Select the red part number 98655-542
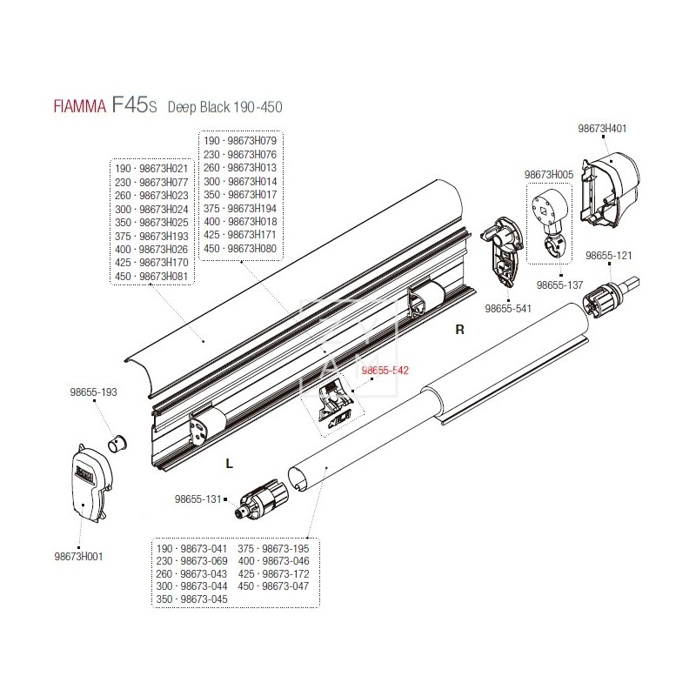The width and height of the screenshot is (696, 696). click(x=385, y=370)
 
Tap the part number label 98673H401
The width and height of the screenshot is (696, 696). click(x=602, y=129)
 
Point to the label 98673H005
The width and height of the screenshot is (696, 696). click(x=548, y=175)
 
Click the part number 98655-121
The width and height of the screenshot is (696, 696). click(x=608, y=256)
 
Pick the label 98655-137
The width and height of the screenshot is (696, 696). click(x=559, y=284)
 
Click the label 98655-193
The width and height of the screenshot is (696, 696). click(x=93, y=392)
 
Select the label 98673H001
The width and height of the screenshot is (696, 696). click(x=79, y=557)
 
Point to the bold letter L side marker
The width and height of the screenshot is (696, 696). click(x=229, y=464)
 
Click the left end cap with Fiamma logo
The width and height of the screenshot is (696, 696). click(x=89, y=482)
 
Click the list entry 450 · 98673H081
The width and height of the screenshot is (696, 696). click(x=152, y=278)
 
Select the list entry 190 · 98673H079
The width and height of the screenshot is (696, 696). click(x=240, y=140)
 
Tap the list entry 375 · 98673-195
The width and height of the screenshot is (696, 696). click(x=273, y=548)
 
